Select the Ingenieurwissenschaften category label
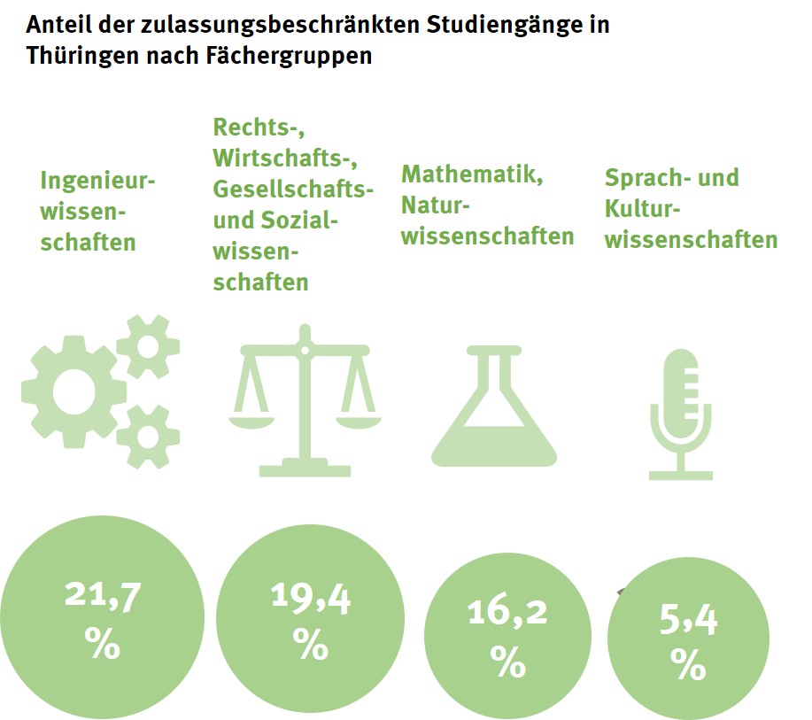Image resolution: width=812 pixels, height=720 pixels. coord(97,211)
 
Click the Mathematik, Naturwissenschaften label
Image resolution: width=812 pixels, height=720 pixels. coord(486,205)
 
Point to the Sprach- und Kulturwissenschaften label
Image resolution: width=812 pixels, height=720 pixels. coord(691,208)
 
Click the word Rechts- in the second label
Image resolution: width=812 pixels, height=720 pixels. coord(251,128)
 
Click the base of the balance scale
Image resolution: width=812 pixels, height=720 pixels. coord(306,467)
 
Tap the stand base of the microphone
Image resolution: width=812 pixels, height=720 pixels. coord(680,474)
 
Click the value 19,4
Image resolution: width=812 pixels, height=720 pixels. coord(311,599)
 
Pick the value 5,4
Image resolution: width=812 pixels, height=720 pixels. coord(688,622)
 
